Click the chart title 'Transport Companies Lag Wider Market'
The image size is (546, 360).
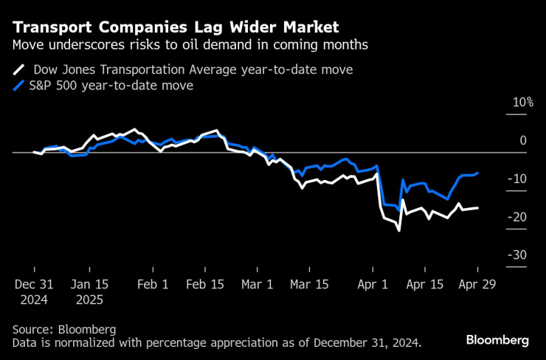pos(176,27)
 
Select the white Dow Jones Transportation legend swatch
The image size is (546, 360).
pos(19,70)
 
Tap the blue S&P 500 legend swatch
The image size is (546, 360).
pos(19,86)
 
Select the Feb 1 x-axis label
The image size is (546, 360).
pos(153,284)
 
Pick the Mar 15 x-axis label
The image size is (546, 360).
pos(309,284)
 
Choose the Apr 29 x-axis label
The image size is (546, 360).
pos(477,284)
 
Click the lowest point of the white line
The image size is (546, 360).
pos(399,231)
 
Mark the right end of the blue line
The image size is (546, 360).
pos(477,173)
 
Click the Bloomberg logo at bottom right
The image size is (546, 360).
pos(497,340)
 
